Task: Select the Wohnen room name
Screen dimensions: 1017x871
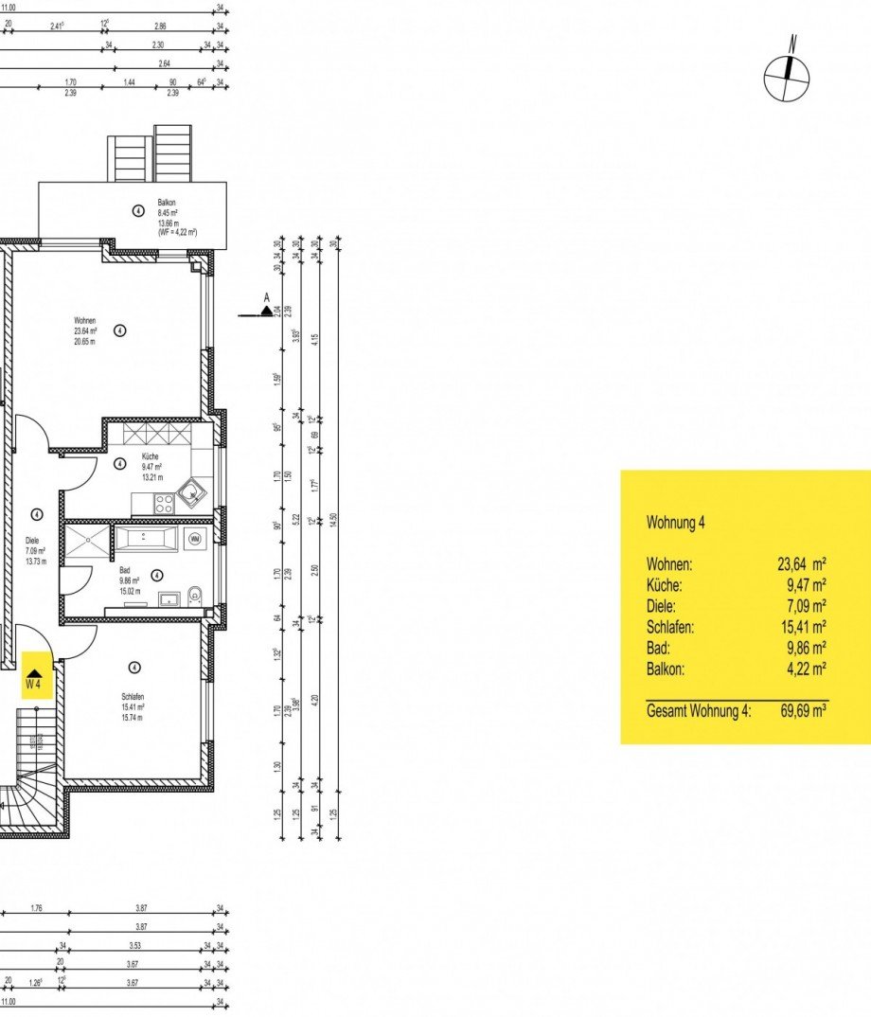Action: click(85, 320)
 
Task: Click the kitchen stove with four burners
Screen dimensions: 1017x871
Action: click(163, 506)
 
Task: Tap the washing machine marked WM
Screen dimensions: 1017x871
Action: click(195, 540)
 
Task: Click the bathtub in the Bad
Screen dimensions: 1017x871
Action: click(146, 540)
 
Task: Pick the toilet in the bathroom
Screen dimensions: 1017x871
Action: click(194, 596)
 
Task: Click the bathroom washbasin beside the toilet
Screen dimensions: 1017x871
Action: click(169, 598)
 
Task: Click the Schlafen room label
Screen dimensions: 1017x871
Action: click(133, 697)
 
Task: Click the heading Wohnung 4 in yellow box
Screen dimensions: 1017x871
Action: click(675, 522)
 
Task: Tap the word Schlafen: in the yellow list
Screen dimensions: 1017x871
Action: click(671, 627)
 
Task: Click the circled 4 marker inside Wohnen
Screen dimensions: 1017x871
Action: click(119, 330)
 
